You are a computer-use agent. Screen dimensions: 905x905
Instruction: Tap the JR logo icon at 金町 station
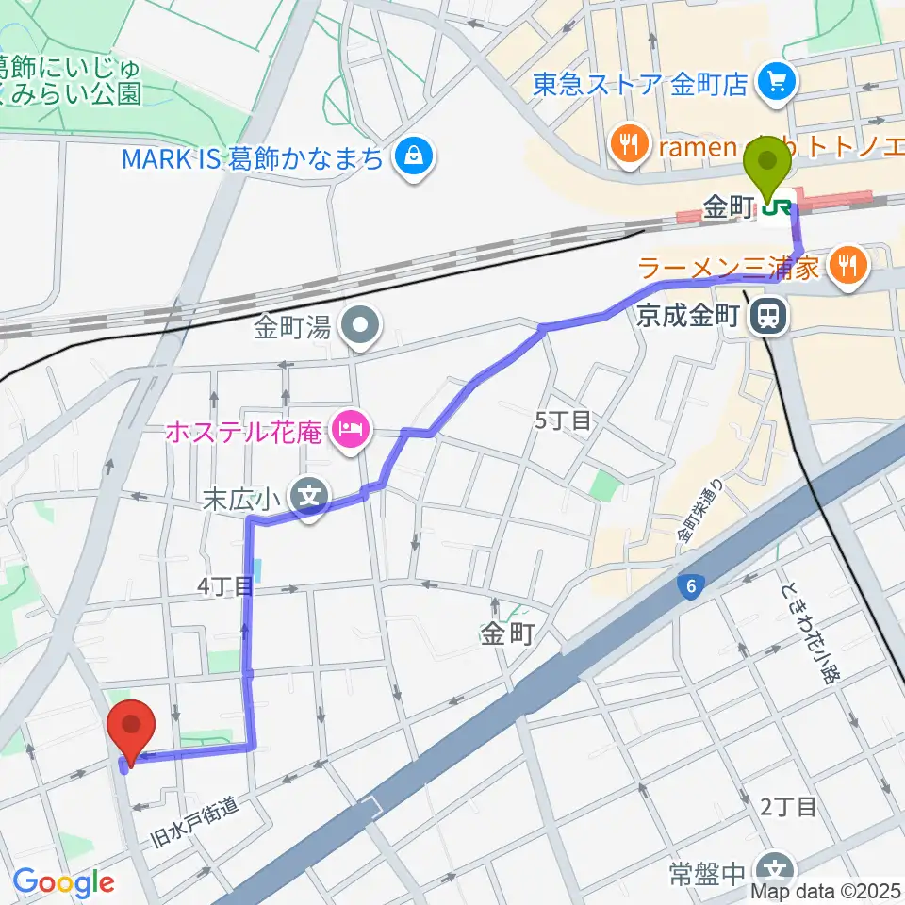point(776,206)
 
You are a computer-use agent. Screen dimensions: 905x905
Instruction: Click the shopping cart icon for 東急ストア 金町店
point(778,84)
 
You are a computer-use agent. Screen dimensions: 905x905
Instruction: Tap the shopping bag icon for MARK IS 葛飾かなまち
point(414,157)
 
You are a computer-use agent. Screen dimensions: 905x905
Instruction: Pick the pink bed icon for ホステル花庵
point(349,433)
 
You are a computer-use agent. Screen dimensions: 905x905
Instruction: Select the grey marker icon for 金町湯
point(360,328)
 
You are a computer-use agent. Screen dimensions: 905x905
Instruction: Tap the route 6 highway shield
point(692,587)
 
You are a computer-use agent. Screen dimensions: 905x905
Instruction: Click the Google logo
point(63,882)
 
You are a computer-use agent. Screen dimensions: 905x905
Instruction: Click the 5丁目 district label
point(563,421)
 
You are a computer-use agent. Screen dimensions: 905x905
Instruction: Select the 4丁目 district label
point(225,586)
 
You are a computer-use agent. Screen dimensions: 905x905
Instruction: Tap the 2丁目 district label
point(788,806)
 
